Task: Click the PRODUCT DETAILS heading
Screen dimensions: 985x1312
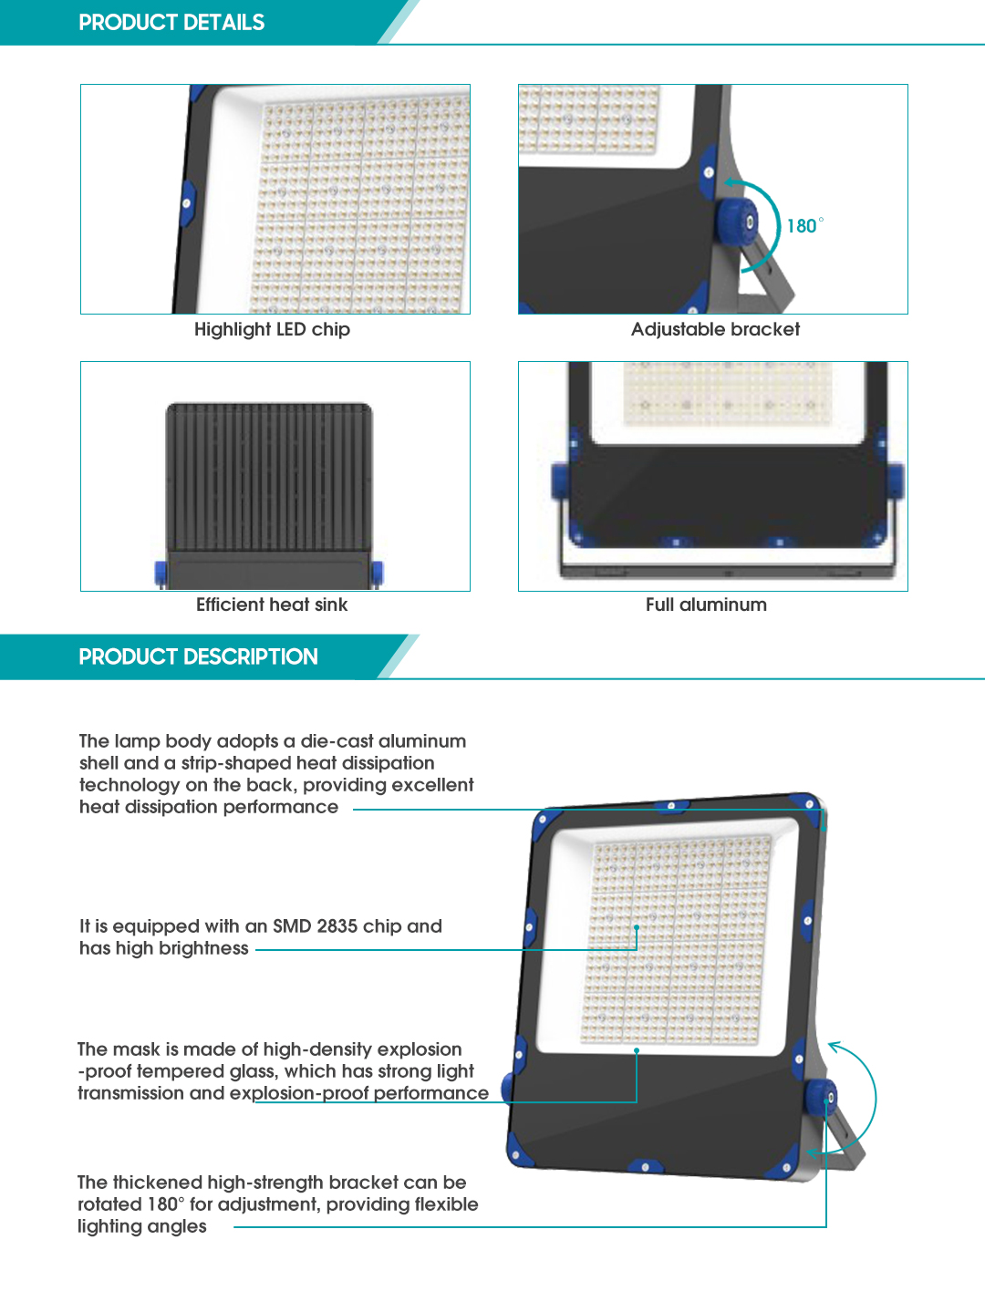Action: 171,23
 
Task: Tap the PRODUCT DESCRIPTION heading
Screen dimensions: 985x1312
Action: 199,656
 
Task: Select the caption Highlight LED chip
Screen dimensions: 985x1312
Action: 272,330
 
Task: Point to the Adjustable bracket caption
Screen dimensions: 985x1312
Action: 715,329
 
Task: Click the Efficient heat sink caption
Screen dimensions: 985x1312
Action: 272,604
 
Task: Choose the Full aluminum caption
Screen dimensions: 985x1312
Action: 706,604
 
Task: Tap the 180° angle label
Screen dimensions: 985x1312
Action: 804,225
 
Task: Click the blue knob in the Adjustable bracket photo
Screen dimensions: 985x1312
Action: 737,223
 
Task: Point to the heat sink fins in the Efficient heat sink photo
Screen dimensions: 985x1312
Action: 269,477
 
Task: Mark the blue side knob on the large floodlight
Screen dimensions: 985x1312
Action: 821,1098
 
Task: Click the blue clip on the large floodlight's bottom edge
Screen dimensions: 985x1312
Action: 646,1166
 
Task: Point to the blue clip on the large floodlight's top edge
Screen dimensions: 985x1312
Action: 671,806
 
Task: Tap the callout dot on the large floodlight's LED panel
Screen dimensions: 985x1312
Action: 638,927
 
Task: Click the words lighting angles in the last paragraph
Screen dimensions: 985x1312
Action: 142,1226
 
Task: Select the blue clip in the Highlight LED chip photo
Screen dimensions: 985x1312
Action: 187,203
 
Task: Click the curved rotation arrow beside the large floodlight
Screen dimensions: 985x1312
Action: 875,1098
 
